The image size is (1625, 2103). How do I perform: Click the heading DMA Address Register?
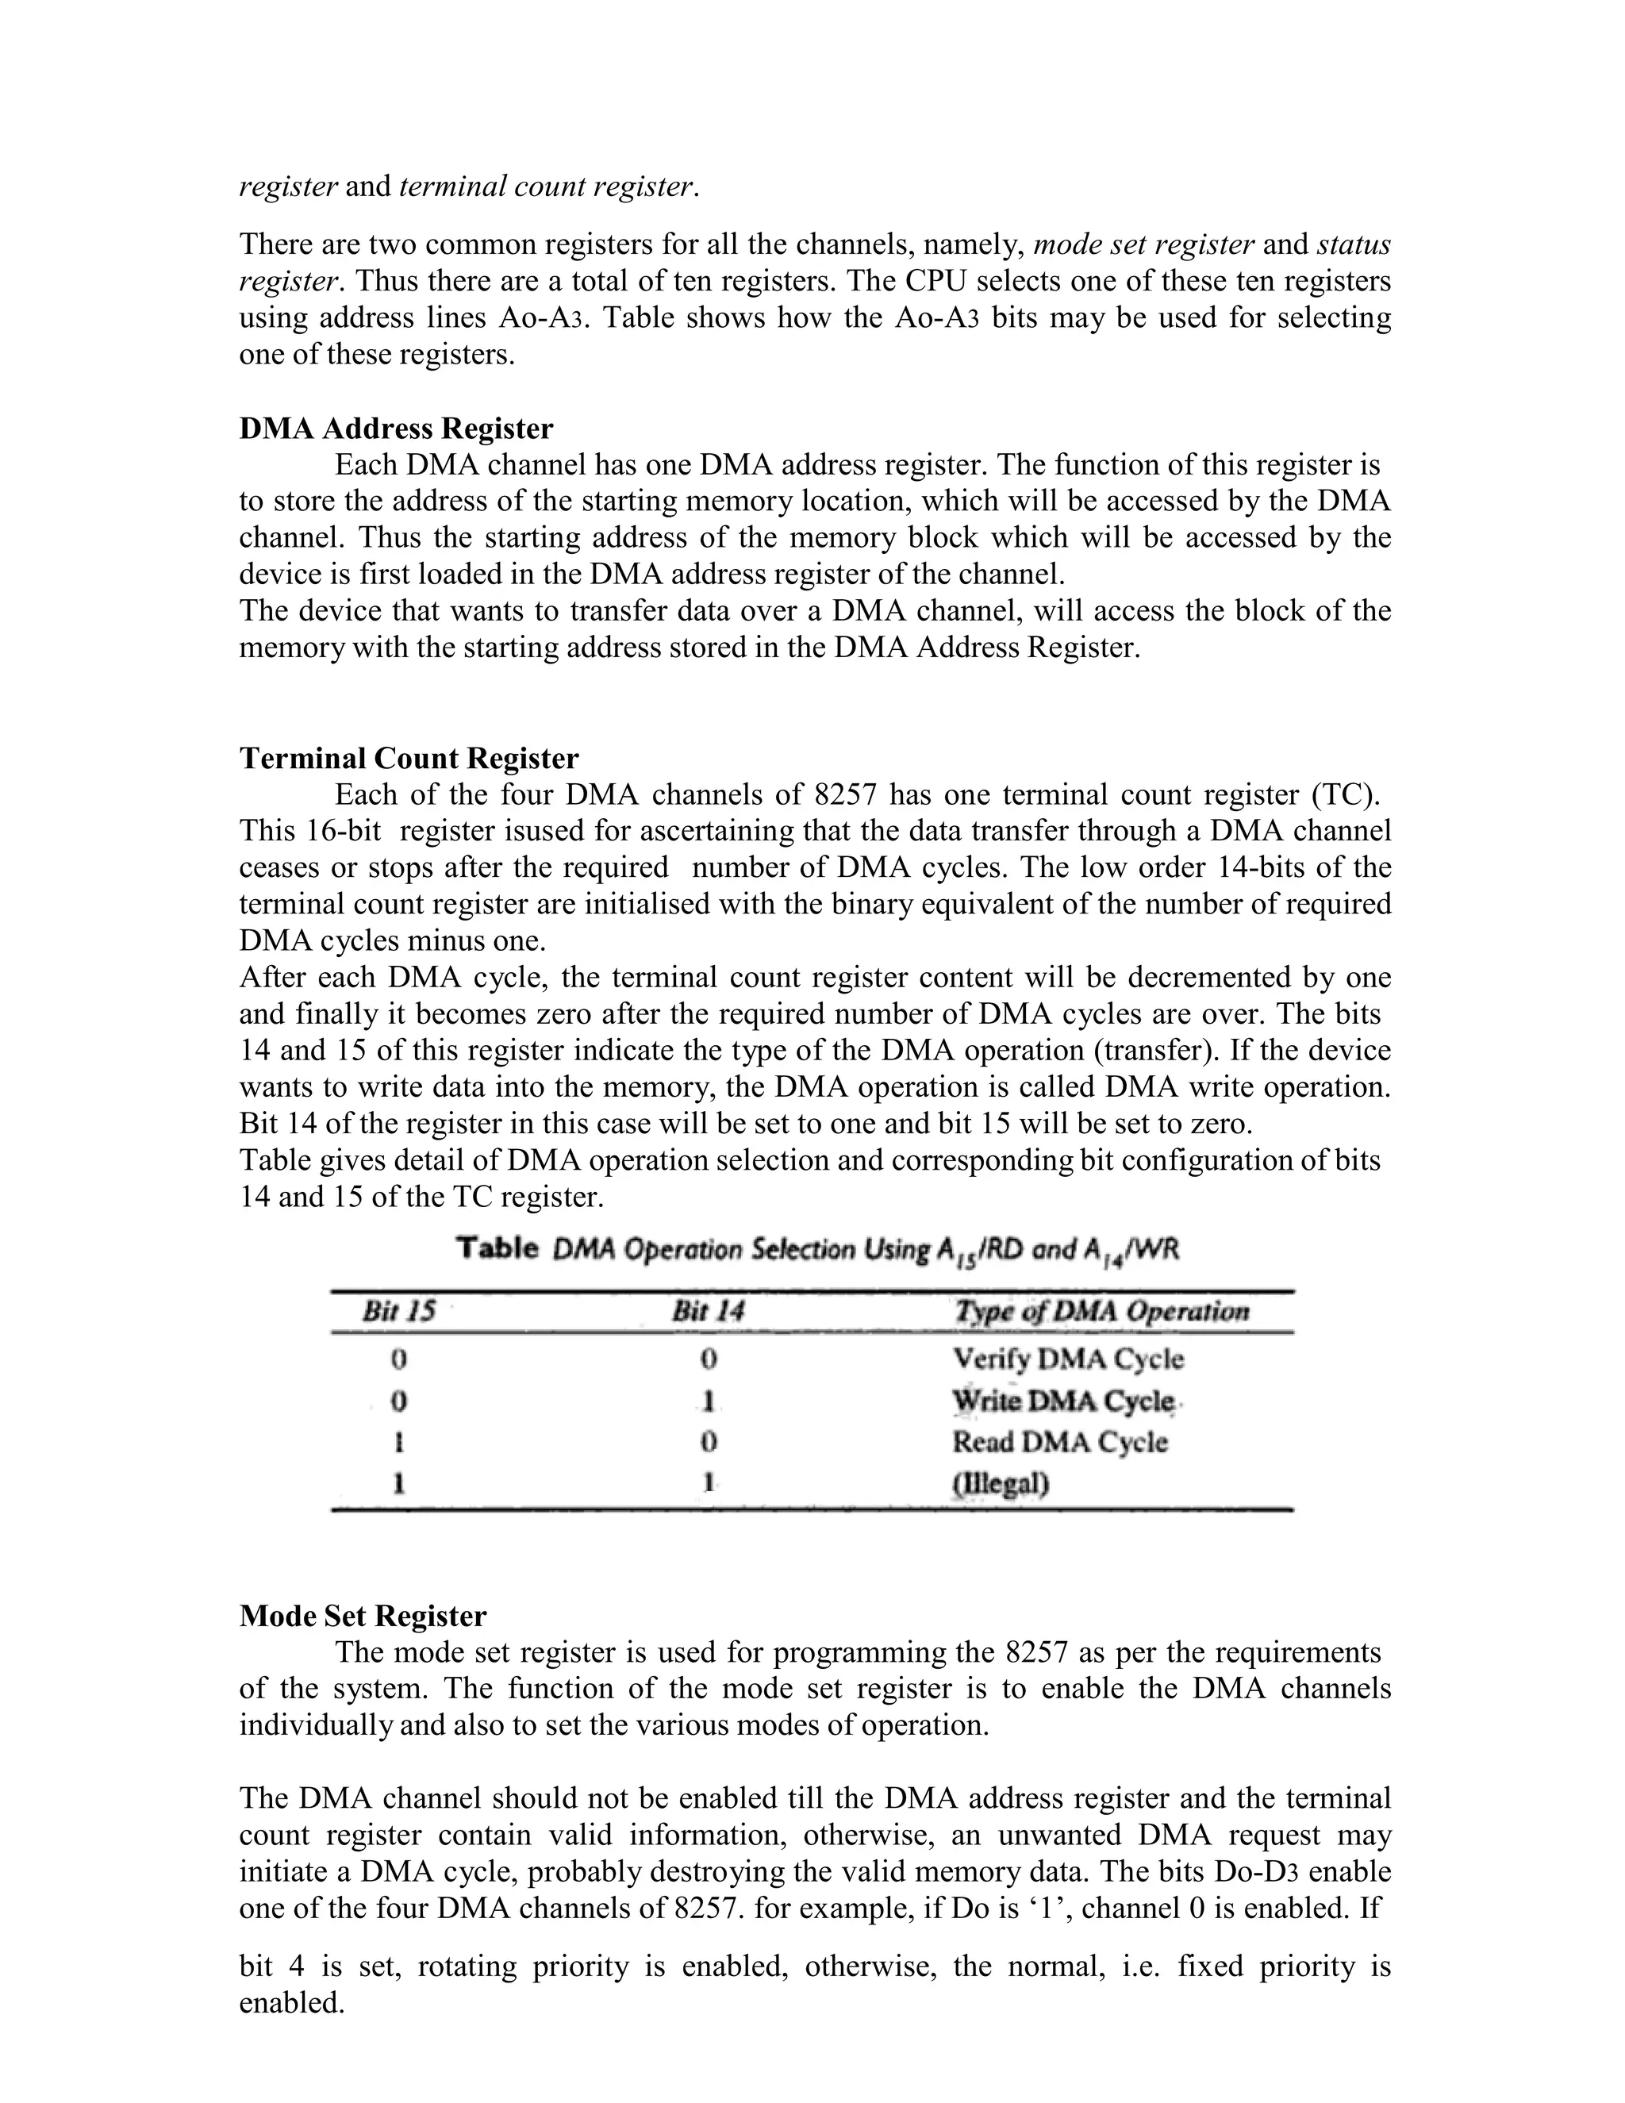point(396,429)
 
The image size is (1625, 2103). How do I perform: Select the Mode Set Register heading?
point(362,1615)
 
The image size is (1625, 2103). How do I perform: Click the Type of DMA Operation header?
point(1101,1312)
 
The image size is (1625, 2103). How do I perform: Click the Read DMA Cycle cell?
point(1060,1443)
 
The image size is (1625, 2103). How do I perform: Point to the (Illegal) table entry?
point(1001,1484)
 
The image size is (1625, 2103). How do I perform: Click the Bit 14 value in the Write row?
point(709,1401)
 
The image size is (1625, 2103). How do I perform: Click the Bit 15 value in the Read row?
point(398,1443)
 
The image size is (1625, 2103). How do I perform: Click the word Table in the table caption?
point(497,1249)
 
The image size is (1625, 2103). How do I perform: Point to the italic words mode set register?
point(1143,244)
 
